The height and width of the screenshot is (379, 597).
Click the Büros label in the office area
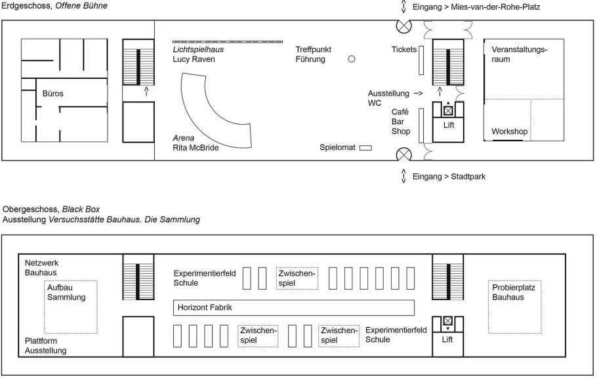point(52,94)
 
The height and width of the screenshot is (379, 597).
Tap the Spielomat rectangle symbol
point(365,148)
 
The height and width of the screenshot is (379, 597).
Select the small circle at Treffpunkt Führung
point(351,58)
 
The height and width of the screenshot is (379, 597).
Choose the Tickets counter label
point(404,49)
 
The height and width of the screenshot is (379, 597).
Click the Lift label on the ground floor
point(449,125)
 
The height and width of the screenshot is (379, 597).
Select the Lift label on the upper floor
point(448,340)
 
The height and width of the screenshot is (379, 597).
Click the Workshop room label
point(510,132)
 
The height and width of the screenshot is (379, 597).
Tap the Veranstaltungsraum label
point(520,54)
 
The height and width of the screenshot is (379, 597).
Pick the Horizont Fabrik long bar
point(294,307)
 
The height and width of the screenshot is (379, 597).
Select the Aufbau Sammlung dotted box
point(70,306)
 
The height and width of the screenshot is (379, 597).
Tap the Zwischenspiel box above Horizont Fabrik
point(297,278)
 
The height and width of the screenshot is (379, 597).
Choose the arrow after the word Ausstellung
point(418,94)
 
